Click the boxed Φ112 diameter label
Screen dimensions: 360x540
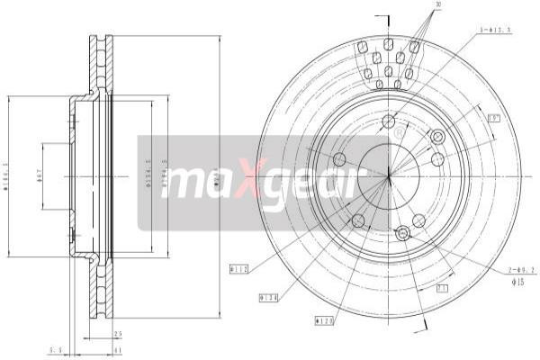239,268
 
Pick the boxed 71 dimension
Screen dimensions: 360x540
442,290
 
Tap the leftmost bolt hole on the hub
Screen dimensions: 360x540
339,159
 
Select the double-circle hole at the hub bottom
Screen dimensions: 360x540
402,234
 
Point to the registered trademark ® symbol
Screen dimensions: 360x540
399,134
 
